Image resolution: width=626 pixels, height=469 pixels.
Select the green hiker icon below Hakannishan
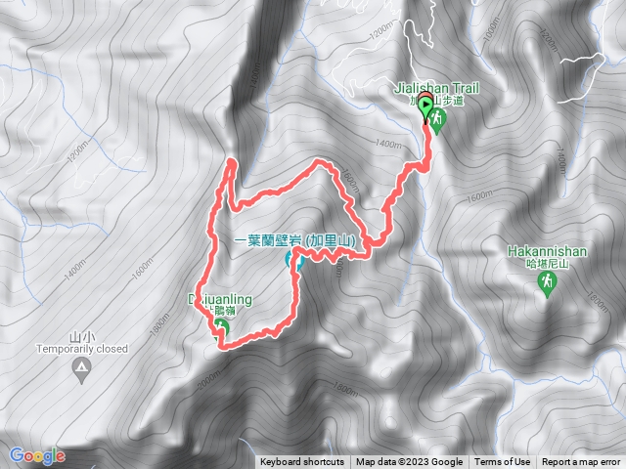pyautogui.click(x=547, y=281)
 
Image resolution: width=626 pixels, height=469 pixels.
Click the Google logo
pyautogui.click(x=37, y=455)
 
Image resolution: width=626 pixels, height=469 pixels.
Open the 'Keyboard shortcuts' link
pyautogui.click(x=302, y=462)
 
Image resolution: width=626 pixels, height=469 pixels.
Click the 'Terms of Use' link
pyautogui.click(x=503, y=462)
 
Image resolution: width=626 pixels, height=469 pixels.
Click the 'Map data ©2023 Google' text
pyautogui.click(x=409, y=462)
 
